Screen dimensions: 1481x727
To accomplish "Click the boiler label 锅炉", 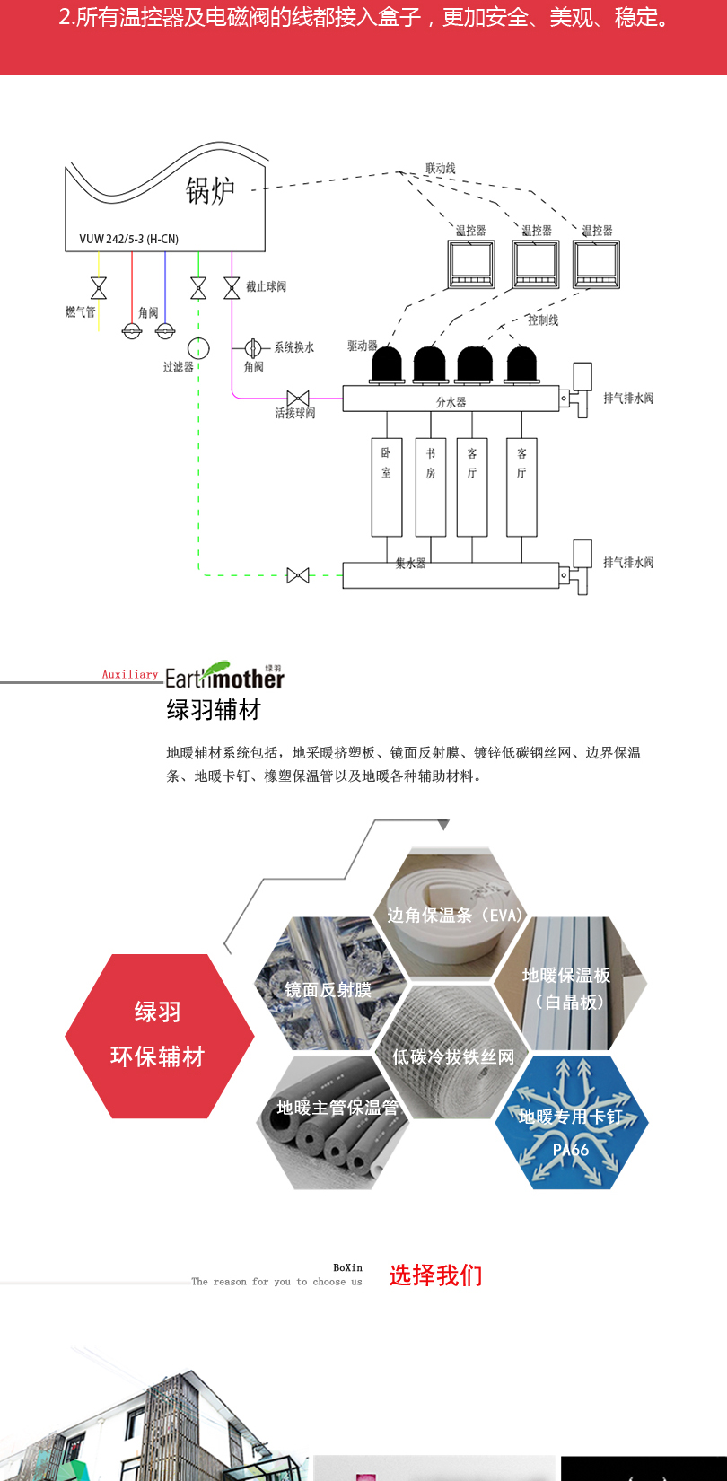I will click(x=210, y=190).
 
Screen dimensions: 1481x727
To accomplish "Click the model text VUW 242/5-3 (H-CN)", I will click(x=128, y=239).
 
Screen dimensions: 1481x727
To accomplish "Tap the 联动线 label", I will click(x=440, y=169).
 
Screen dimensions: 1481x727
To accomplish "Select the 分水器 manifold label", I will click(x=451, y=402).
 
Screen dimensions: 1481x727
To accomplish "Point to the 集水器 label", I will click(x=410, y=564).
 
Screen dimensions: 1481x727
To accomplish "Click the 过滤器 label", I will click(x=178, y=367).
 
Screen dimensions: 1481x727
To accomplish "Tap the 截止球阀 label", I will click(x=266, y=286).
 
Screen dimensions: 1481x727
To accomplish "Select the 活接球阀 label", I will click(x=294, y=413).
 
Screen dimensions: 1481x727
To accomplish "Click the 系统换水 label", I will click(x=294, y=347).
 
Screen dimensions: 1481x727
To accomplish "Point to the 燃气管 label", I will click(x=80, y=312).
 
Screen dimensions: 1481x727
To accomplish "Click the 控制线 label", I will click(x=542, y=320).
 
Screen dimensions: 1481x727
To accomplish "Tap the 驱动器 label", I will click(x=362, y=346).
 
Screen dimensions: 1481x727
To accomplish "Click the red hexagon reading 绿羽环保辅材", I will click(x=159, y=1036).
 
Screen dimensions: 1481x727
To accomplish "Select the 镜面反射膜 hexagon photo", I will click(x=328, y=984).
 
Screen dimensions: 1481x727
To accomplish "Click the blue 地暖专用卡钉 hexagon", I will click(x=571, y=1122).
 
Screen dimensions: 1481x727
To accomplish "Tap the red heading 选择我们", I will click(x=435, y=1275).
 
